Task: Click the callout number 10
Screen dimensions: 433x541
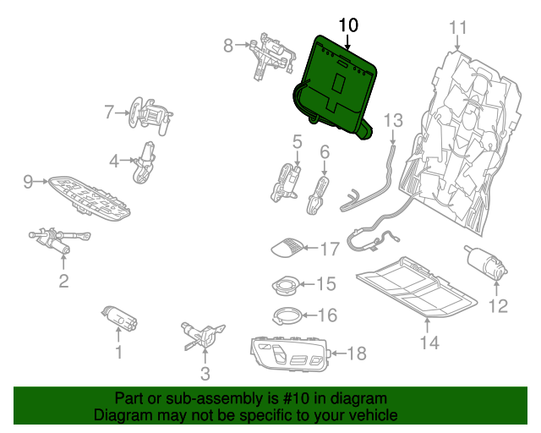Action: pyautogui.click(x=347, y=25)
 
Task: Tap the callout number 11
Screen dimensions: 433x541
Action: pyautogui.click(x=457, y=28)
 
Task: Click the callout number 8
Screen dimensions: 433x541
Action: pyautogui.click(x=227, y=46)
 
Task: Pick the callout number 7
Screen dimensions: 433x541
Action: pyautogui.click(x=109, y=111)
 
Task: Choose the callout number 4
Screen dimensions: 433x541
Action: pyautogui.click(x=114, y=159)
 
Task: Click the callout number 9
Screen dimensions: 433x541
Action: pyautogui.click(x=27, y=181)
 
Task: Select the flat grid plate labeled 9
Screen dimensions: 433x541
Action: pyautogui.click(x=89, y=197)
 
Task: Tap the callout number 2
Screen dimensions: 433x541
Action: pyautogui.click(x=63, y=281)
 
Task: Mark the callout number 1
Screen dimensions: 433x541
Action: pyautogui.click(x=118, y=351)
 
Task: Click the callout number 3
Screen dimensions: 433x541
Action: pyautogui.click(x=205, y=373)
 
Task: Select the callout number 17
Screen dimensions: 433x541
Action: pyautogui.click(x=328, y=249)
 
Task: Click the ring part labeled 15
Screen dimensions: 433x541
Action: pyautogui.click(x=287, y=285)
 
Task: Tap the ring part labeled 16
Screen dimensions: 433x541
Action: pyautogui.click(x=287, y=316)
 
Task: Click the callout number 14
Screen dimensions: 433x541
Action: pyautogui.click(x=429, y=343)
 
